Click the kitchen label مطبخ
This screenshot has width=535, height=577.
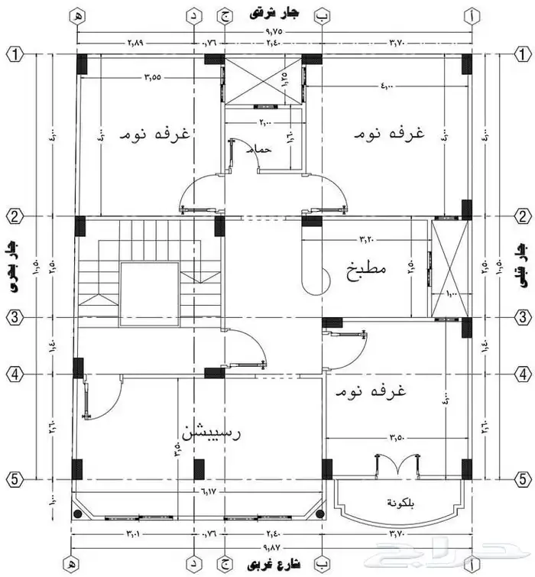[x=367, y=270]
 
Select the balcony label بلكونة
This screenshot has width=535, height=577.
[x=398, y=504]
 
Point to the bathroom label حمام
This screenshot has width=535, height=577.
[x=262, y=150]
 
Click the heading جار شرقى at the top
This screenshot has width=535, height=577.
[x=274, y=13]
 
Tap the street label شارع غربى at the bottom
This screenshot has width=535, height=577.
[x=273, y=565]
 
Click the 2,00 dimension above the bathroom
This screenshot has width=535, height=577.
[x=264, y=122]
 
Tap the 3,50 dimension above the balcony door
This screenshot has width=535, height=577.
[x=395, y=438]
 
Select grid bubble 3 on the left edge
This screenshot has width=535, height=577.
[x=13, y=316]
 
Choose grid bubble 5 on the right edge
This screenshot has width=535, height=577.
[x=521, y=480]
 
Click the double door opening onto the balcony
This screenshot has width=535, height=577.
[x=397, y=465]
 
